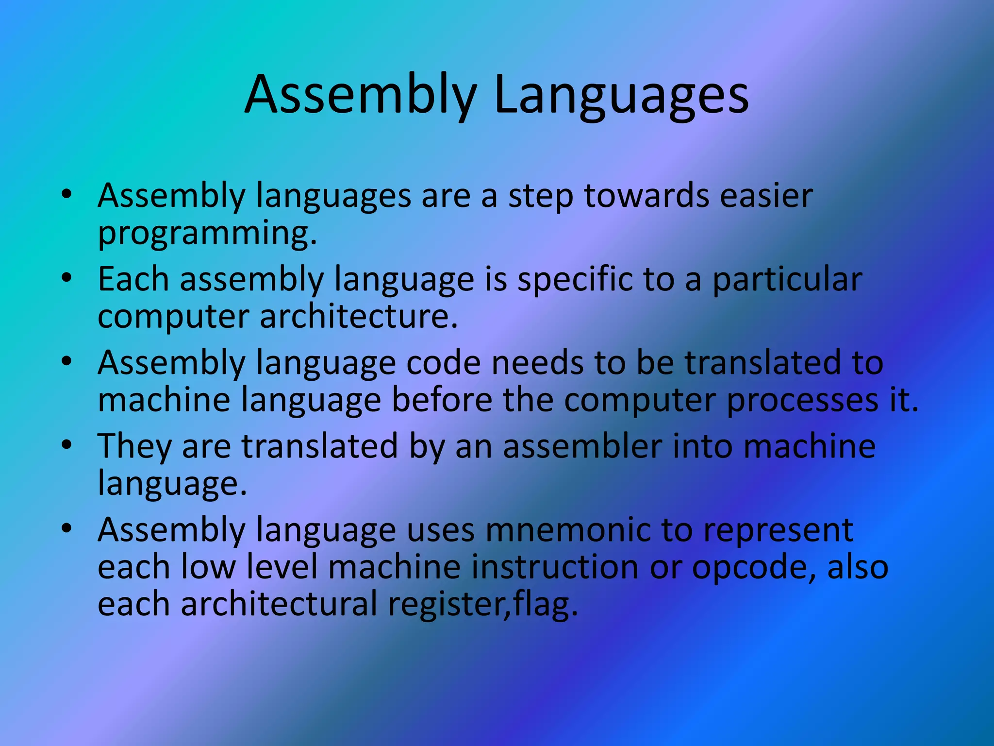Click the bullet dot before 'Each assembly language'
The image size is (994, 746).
coord(67,278)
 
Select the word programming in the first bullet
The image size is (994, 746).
coord(207,233)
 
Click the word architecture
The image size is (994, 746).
coord(359,316)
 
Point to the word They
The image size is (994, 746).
coord(134,446)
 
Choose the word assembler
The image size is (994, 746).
coord(582,446)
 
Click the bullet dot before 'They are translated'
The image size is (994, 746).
coord(67,445)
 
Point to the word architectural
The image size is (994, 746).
coord(279,604)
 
